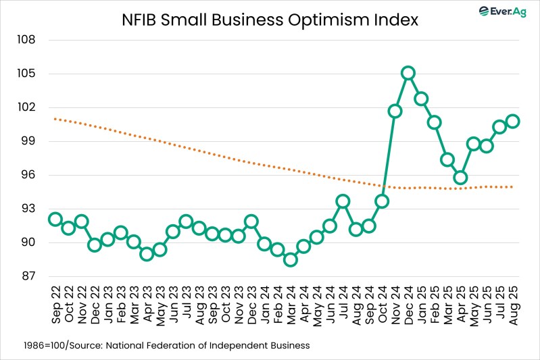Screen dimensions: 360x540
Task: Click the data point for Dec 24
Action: click(408, 73)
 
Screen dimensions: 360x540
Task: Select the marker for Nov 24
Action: click(395, 111)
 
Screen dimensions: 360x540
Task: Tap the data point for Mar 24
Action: click(291, 259)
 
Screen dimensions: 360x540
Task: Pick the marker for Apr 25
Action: click(461, 178)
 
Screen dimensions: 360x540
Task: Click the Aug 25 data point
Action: click(513, 121)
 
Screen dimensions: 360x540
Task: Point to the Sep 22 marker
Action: click(55, 219)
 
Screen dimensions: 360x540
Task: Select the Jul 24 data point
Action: click(343, 201)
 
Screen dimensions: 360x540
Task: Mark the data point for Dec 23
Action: click(251, 222)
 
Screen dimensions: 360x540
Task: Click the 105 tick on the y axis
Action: click(26, 74)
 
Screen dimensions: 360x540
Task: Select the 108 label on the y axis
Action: click(26, 40)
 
